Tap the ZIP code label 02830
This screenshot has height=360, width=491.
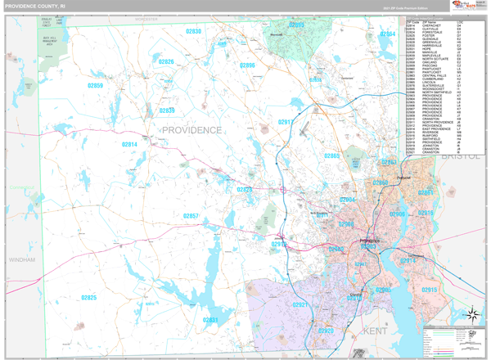coord(194,32)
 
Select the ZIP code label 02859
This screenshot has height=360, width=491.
coord(96,86)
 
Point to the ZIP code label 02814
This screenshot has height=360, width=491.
coord(129,145)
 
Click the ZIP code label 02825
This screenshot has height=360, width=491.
coord(88,298)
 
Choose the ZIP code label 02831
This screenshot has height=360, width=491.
coord(210,320)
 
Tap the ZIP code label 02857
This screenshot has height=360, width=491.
coord(191,216)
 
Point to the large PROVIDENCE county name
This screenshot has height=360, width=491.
coord(191,130)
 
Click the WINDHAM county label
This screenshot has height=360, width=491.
coord(22,260)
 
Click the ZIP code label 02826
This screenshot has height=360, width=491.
coord(166,62)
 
